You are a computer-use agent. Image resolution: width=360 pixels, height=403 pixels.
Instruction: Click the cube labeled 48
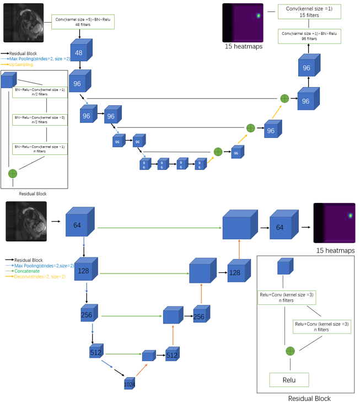pyautogui.click(x=79, y=53)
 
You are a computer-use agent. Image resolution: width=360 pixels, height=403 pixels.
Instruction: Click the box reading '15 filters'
pyautogui.click(x=309, y=12)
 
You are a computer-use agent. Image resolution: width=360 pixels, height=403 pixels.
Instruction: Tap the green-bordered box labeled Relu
pyautogui.click(x=289, y=380)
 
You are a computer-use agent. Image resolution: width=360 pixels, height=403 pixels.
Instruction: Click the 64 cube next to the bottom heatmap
pyautogui.click(x=280, y=228)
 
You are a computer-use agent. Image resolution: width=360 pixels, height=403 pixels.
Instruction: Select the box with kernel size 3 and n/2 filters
pyautogui.click(x=39, y=120)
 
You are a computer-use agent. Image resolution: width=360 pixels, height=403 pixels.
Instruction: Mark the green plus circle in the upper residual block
pyautogui.click(x=13, y=174)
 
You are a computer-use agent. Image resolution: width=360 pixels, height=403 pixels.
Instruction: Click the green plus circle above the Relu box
pyautogui.click(x=290, y=351)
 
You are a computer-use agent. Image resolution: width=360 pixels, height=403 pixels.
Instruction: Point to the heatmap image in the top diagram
pyautogui.click(x=243, y=23)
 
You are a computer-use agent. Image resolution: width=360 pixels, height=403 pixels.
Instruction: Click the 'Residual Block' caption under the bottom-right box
pyautogui.click(x=309, y=398)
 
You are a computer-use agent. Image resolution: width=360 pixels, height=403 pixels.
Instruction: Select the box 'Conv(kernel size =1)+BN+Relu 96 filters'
pyautogui.click(x=309, y=36)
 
